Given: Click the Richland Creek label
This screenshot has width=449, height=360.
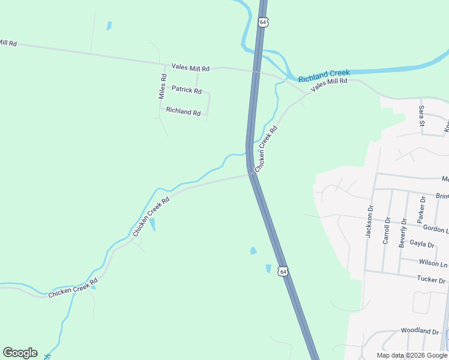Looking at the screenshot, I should click(x=324, y=75).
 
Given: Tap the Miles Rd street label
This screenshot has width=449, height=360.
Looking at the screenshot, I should click(x=162, y=86).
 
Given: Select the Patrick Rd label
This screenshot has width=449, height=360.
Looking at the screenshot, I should click(x=187, y=89).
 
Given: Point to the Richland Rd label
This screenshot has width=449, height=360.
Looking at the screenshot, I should click(x=183, y=111).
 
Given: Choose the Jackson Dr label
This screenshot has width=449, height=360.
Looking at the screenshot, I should click(x=370, y=221).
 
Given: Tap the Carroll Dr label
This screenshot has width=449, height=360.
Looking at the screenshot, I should click(x=387, y=230).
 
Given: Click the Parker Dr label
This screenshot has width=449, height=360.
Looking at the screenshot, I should click(x=422, y=207).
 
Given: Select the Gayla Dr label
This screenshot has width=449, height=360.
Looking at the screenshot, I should click(x=421, y=244).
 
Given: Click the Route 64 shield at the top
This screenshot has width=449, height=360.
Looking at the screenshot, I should click(x=262, y=22).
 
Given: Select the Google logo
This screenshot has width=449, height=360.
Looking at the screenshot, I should click(x=20, y=353).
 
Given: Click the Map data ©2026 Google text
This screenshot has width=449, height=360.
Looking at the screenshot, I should click(x=411, y=355).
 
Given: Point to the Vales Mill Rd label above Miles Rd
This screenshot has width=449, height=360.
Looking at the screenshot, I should click(x=190, y=68).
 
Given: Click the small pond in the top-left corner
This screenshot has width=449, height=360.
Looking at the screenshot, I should click(x=109, y=26).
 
